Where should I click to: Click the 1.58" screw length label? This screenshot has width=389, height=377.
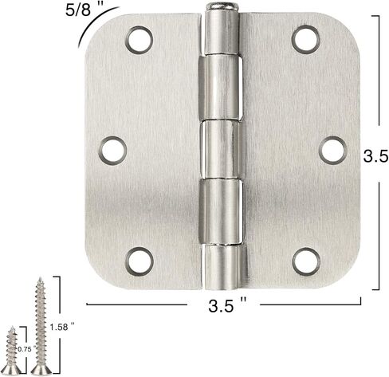pos(61,327)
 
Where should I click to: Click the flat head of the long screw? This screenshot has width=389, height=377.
pos(39,371)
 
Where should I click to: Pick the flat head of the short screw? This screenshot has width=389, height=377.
pos(11,371)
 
